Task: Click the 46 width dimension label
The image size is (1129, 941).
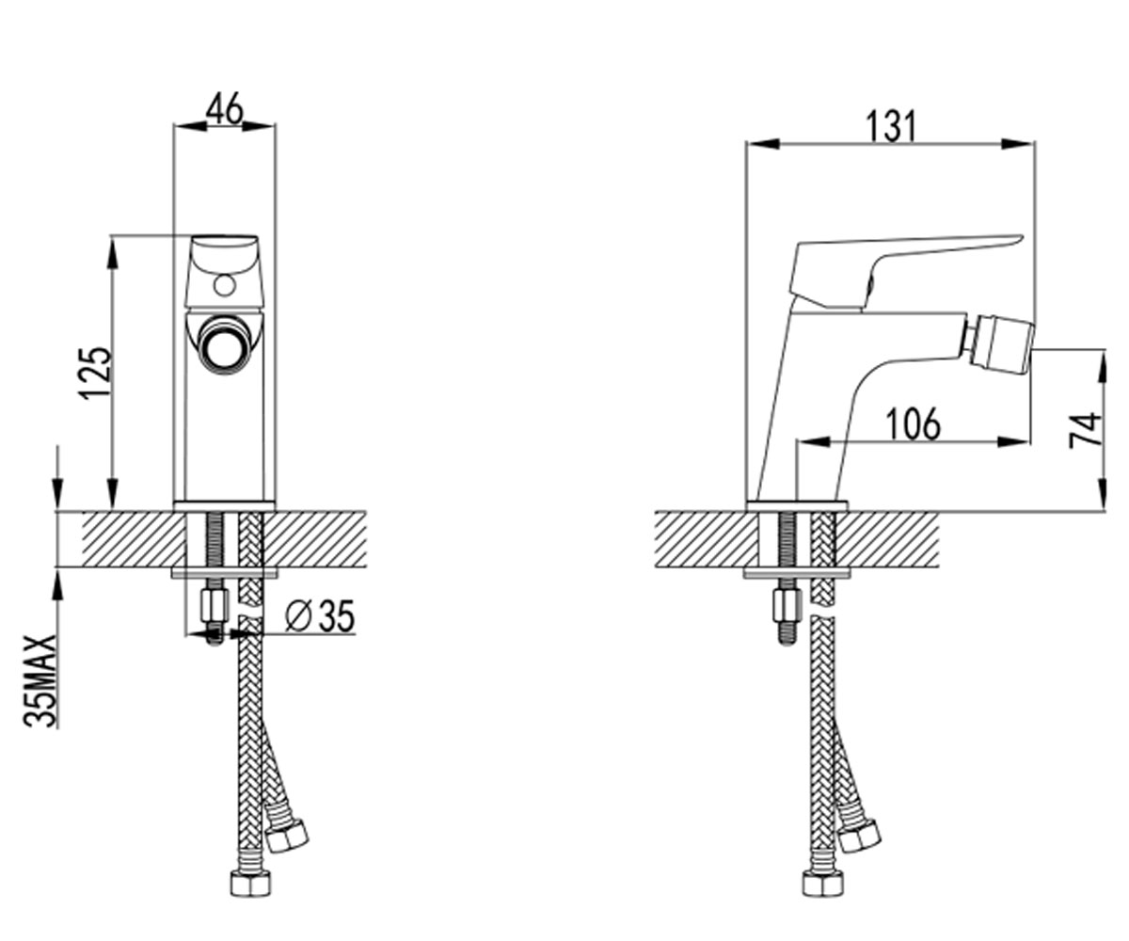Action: coord(225,110)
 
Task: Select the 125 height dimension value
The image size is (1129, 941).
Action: coord(96,374)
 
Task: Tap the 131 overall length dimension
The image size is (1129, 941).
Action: coord(891,126)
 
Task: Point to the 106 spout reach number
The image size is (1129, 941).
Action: coord(914,424)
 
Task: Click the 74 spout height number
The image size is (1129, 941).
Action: coord(1086,430)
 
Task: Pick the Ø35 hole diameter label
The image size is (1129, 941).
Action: coord(319,615)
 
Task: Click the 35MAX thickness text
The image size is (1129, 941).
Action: coord(40,680)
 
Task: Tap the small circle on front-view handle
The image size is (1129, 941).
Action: coord(224,285)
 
